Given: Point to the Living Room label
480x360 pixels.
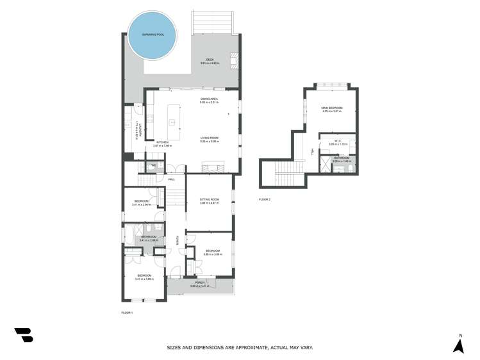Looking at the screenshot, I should [210, 140].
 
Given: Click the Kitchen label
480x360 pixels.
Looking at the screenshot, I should [163, 144].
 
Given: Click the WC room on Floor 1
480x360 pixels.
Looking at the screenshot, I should [153, 167].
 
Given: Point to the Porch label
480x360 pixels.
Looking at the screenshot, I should [199, 283].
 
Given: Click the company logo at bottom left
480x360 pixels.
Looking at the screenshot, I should [24, 334].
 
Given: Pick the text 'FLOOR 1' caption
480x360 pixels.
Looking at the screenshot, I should [127, 313].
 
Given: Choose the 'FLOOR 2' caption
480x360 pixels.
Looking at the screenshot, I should [265, 200].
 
